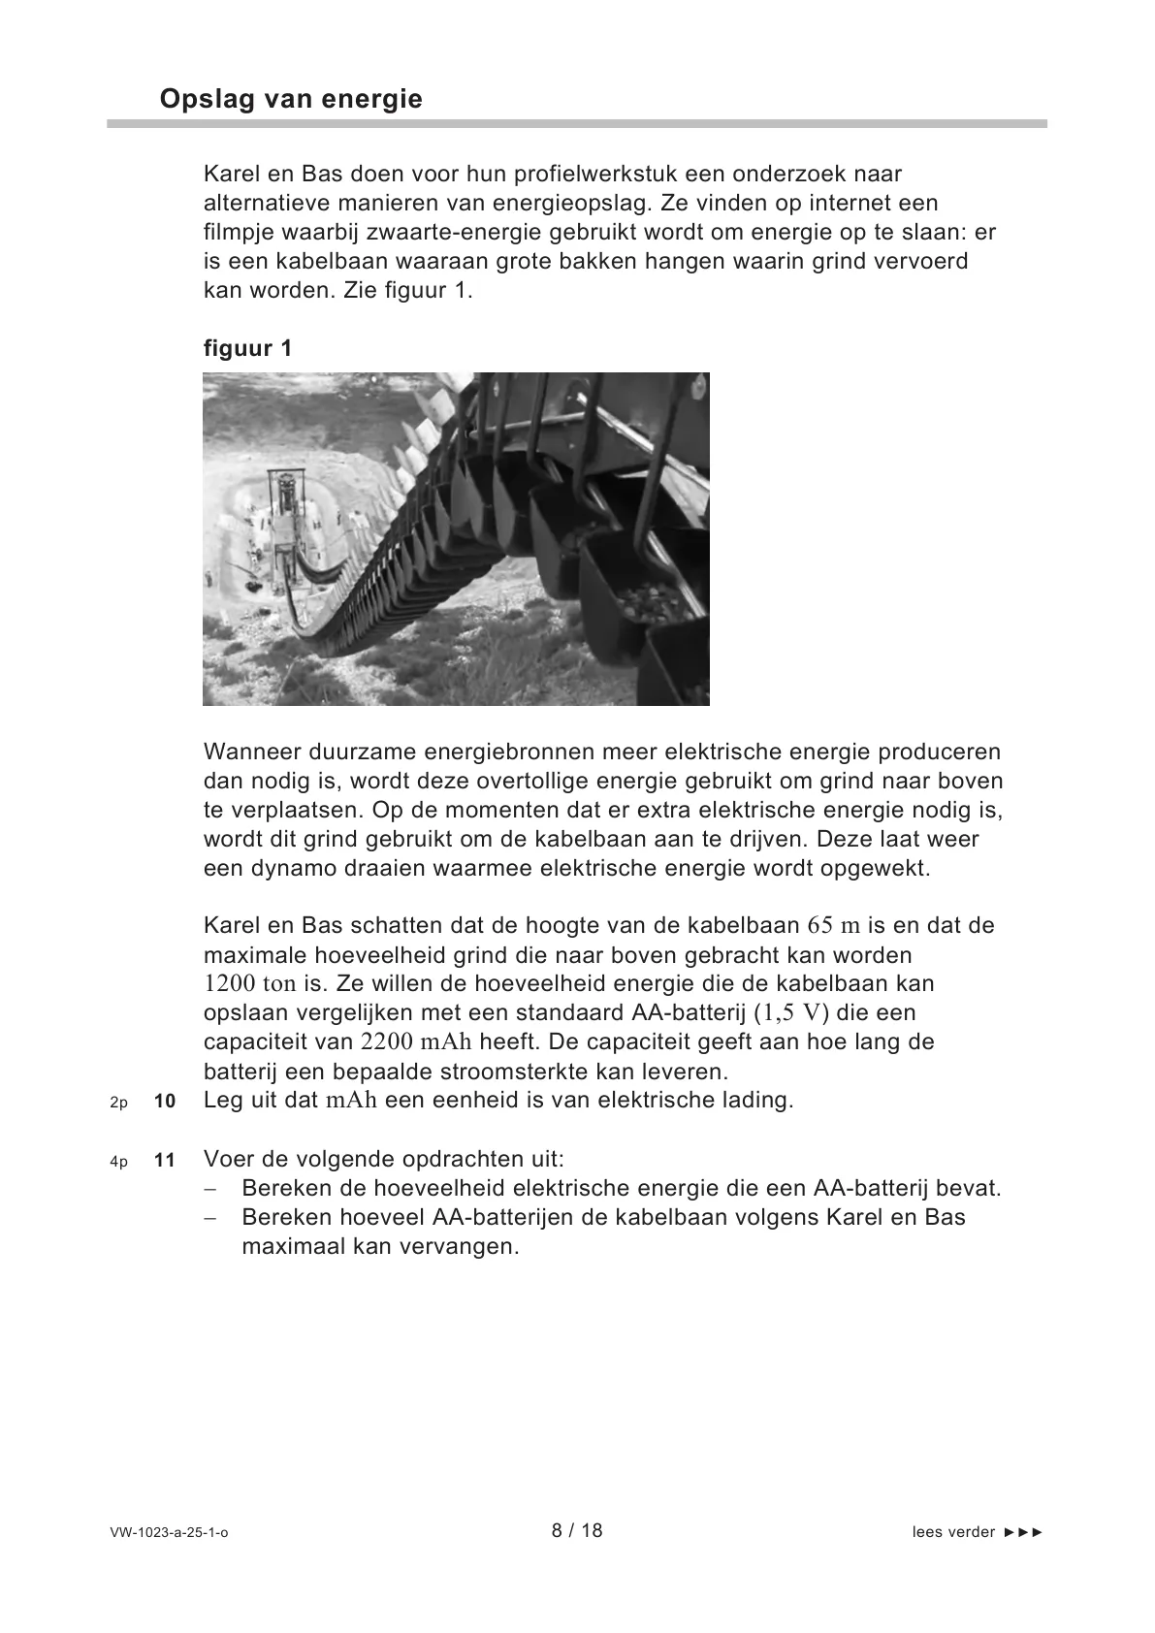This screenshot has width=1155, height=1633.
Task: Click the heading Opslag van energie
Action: click(x=291, y=99)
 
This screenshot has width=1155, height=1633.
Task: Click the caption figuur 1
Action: click(x=247, y=348)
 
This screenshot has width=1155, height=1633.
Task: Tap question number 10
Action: click(x=165, y=1102)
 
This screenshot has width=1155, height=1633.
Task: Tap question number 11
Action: click(x=165, y=1160)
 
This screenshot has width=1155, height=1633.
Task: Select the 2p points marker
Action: click(x=118, y=1103)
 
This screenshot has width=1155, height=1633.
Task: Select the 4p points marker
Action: click(x=118, y=1161)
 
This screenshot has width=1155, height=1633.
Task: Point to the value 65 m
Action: click(x=834, y=925)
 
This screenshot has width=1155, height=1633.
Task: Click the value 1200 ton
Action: click(x=249, y=984)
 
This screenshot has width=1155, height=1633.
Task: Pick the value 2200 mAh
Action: click(x=416, y=1042)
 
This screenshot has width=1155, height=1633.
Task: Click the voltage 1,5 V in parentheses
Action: click(x=792, y=1013)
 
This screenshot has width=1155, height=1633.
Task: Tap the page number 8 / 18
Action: click(x=577, y=1530)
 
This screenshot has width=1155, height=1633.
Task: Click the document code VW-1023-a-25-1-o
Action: click(x=170, y=1532)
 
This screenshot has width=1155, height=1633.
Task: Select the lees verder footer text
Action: click(x=978, y=1532)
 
